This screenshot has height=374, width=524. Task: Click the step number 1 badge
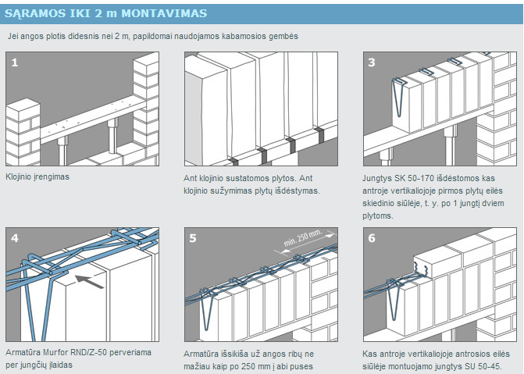14,62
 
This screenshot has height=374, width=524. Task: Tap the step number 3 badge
372,62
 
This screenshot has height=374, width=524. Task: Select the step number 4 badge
14,237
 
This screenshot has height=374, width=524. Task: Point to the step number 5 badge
193,237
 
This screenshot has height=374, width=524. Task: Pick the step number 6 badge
372,237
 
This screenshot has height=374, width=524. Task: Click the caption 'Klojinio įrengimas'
37,177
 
